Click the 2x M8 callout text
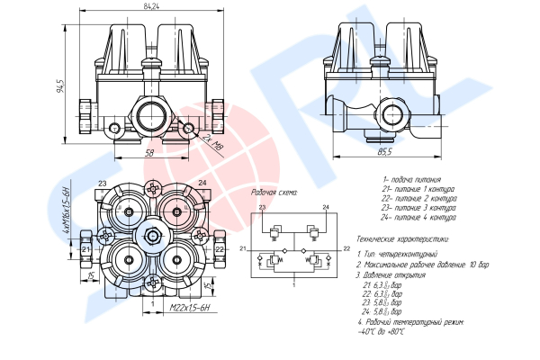[212, 139]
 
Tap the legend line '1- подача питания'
[411, 180]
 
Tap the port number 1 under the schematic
[292, 284]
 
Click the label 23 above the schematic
[262, 208]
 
